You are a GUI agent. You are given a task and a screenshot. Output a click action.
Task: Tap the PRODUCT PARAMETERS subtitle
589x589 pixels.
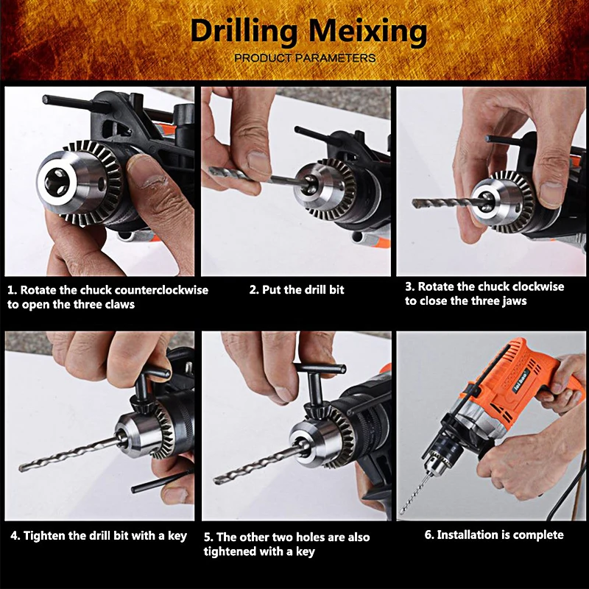305,58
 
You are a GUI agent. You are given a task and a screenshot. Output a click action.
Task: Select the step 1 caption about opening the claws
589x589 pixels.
107,297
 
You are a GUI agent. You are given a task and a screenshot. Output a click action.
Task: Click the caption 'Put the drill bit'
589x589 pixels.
296,290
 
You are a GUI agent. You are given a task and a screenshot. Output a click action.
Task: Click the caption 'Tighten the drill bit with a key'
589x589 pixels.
99,535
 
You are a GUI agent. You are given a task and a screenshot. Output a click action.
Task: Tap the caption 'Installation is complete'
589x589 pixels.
493,535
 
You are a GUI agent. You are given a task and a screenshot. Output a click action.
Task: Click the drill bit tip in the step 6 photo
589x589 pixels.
403,508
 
